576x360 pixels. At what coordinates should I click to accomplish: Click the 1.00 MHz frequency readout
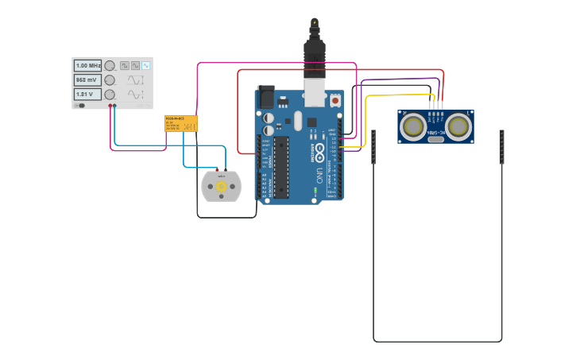(x=87, y=66)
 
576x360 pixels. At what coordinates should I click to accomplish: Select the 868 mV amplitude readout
(x=87, y=80)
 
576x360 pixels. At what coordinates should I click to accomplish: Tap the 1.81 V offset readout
(x=87, y=95)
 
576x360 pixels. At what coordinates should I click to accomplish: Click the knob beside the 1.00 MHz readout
(x=110, y=66)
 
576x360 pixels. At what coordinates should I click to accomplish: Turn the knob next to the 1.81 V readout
(x=110, y=95)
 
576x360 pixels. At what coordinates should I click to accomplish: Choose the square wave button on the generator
(x=125, y=66)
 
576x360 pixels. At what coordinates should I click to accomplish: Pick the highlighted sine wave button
(x=145, y=66)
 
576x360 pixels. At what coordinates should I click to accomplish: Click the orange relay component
(x=181, y=123)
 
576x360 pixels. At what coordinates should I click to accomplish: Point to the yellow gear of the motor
(x=221, y=187)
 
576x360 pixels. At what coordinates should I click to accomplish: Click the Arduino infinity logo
(x=319, y=149)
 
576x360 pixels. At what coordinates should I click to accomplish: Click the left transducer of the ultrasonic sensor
(x=412, y=126)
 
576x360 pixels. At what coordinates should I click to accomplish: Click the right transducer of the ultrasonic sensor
(x=458, y=126)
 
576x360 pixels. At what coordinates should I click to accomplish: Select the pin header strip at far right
(x=501, y=147)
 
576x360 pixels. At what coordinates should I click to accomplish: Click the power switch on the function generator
(x=80, y=106)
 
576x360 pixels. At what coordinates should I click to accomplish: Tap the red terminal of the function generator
(x=110, y=106)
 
